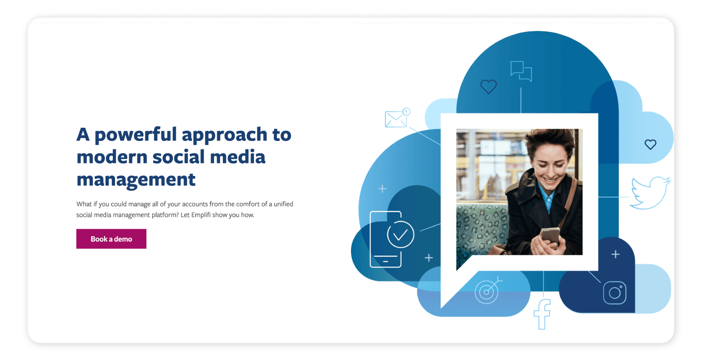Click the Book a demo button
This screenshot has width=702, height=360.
pos(111,239)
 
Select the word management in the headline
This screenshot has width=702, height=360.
pos(136,180)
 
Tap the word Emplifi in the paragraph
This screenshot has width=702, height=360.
pos(201,215)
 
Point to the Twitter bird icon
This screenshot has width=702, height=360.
pos(650,192)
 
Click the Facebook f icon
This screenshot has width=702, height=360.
pos(542,314)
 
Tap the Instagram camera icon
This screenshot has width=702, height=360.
pos(615,293)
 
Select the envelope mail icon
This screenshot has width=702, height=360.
pos(395,119)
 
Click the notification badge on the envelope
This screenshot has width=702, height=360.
pos(406,112)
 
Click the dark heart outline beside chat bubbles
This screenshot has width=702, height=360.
pos(488,86)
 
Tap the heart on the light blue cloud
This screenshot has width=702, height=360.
pos(650,144)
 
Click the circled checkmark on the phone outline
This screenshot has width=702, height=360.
pos(400,235)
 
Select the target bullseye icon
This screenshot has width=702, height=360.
pos(487,292)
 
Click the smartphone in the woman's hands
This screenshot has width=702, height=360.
pos(550,237)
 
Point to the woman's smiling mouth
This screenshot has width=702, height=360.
pos(551,180)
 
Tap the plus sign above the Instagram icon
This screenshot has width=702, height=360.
pos(616,254)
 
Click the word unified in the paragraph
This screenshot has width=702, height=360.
pos(283,204)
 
